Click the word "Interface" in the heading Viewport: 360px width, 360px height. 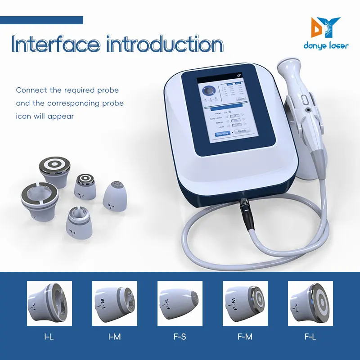[55, 45]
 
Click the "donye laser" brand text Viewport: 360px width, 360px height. [327, 46]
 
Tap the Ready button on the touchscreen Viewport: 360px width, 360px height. [242, 131]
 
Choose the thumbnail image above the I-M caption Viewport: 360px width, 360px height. [114, 303]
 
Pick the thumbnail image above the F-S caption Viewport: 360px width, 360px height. [180, 303]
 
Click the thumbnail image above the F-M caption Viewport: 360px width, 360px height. [245, 303]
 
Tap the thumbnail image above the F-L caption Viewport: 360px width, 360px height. [310, 303]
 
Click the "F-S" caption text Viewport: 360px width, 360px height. [180, 336]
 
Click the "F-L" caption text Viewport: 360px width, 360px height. [310, 336]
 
